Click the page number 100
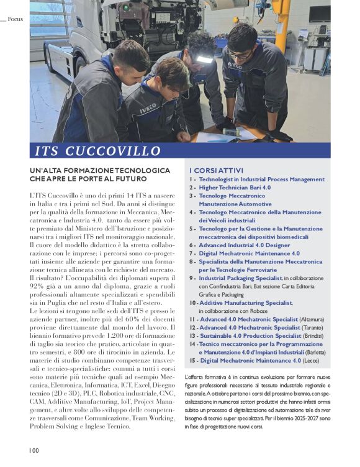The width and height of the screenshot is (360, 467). [33, 450]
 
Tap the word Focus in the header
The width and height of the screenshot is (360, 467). [15, 19]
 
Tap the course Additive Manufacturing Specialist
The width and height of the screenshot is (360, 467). [246, 302]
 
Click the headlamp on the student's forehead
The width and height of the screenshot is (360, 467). [204, 60]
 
